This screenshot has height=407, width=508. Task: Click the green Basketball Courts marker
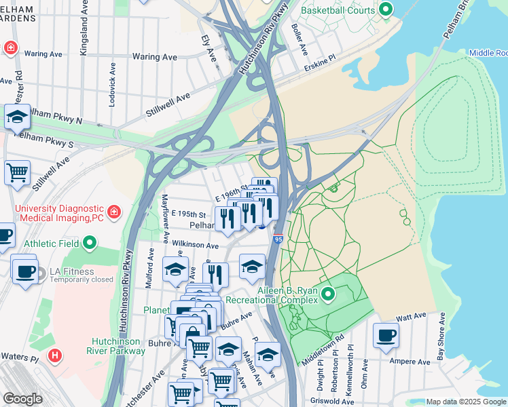coord(386,10)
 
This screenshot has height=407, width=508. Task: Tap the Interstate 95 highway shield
coord(278,239)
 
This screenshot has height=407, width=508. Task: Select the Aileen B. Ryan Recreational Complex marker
coord(328,294)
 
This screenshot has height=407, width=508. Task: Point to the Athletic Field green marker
coord(90,243)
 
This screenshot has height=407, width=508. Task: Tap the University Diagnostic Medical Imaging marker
coord(114,211)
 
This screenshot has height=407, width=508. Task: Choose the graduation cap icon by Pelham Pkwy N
coord(17,116)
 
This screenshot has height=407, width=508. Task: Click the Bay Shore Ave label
coord(441,336)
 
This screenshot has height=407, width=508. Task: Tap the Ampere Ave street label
coord(410,362)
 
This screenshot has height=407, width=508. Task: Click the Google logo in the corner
coord(22,399)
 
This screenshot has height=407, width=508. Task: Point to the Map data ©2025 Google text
coord(465,402)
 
